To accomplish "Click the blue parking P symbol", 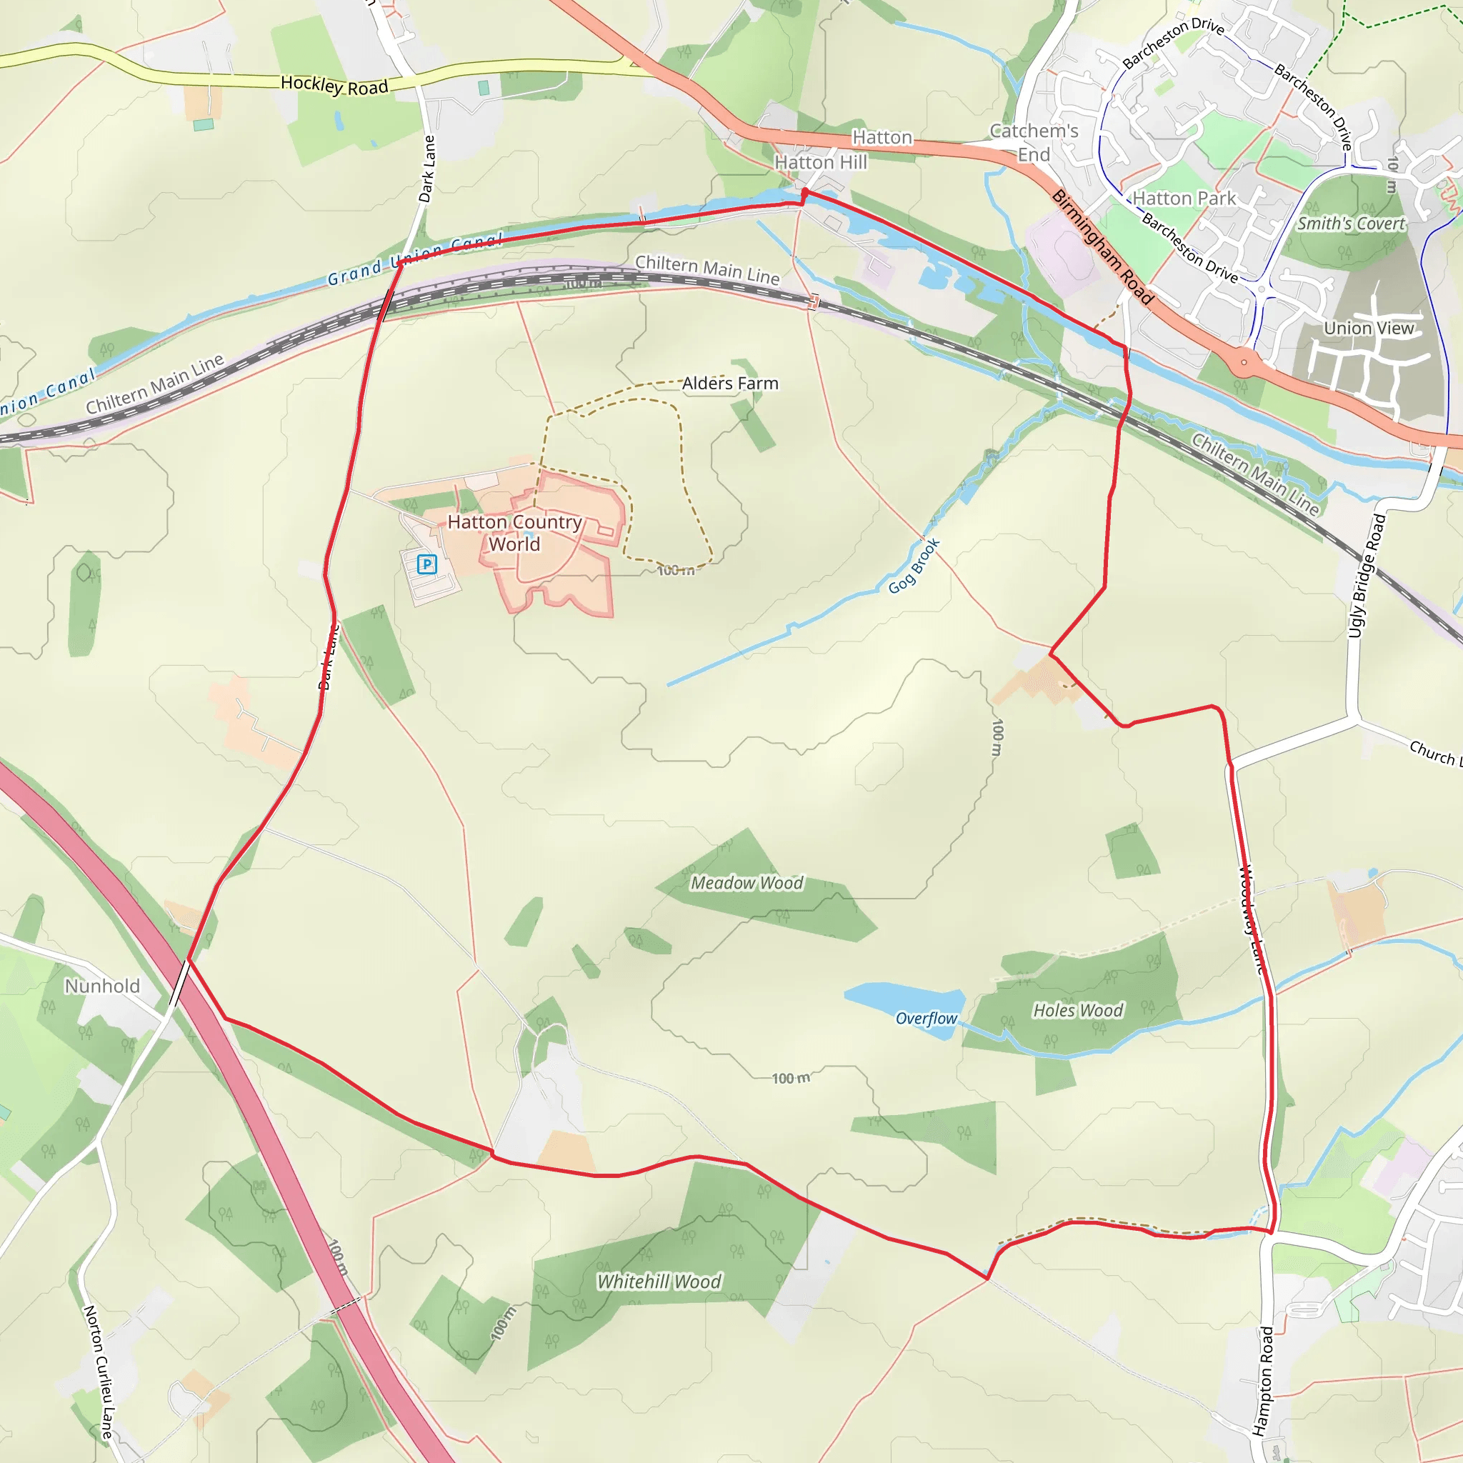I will coord(427,564).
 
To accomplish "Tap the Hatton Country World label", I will coord(514,533).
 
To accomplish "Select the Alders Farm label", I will coord(730,383).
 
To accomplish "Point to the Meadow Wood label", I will coord(747,883).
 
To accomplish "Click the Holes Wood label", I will coord(1078,1010).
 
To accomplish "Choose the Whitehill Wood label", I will coord(659,1282).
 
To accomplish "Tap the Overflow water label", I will coord(926,1019).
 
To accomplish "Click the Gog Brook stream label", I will coord(914,566).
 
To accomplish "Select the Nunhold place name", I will coord(102,986).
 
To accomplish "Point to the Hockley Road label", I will coord(335,86).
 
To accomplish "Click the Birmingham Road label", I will coord(1102,248).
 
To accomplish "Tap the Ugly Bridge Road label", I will coord(1367,576).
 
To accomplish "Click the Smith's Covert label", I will coord(1351,224).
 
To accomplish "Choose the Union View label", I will coord(1369,328).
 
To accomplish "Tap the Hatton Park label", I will coord(1184,199).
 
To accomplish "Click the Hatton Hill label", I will coord(821,162).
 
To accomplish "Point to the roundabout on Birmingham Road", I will coord(1244,362).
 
